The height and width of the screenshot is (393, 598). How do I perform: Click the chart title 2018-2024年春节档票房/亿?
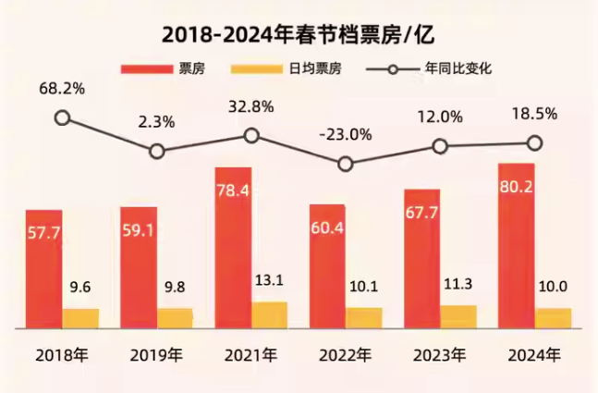click(298, 34)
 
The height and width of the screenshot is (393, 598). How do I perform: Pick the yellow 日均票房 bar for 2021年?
click(269, 314)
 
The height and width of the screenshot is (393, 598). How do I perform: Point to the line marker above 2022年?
click(346, 164)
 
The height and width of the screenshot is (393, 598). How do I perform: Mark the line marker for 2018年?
click(62, 117)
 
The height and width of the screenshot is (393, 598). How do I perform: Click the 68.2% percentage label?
click(62, 89)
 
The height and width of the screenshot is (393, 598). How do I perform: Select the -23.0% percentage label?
click(346, 134)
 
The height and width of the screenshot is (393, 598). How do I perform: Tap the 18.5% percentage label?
click(534, 114)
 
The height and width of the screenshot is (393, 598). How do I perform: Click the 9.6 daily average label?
click(80, 289)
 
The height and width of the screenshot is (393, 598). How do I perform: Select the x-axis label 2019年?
click(156, 355)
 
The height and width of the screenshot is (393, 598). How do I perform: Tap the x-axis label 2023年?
click(440, 355)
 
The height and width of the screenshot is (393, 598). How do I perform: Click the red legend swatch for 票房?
click(146, 69)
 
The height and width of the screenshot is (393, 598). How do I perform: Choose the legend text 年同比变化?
click(458, 69)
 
